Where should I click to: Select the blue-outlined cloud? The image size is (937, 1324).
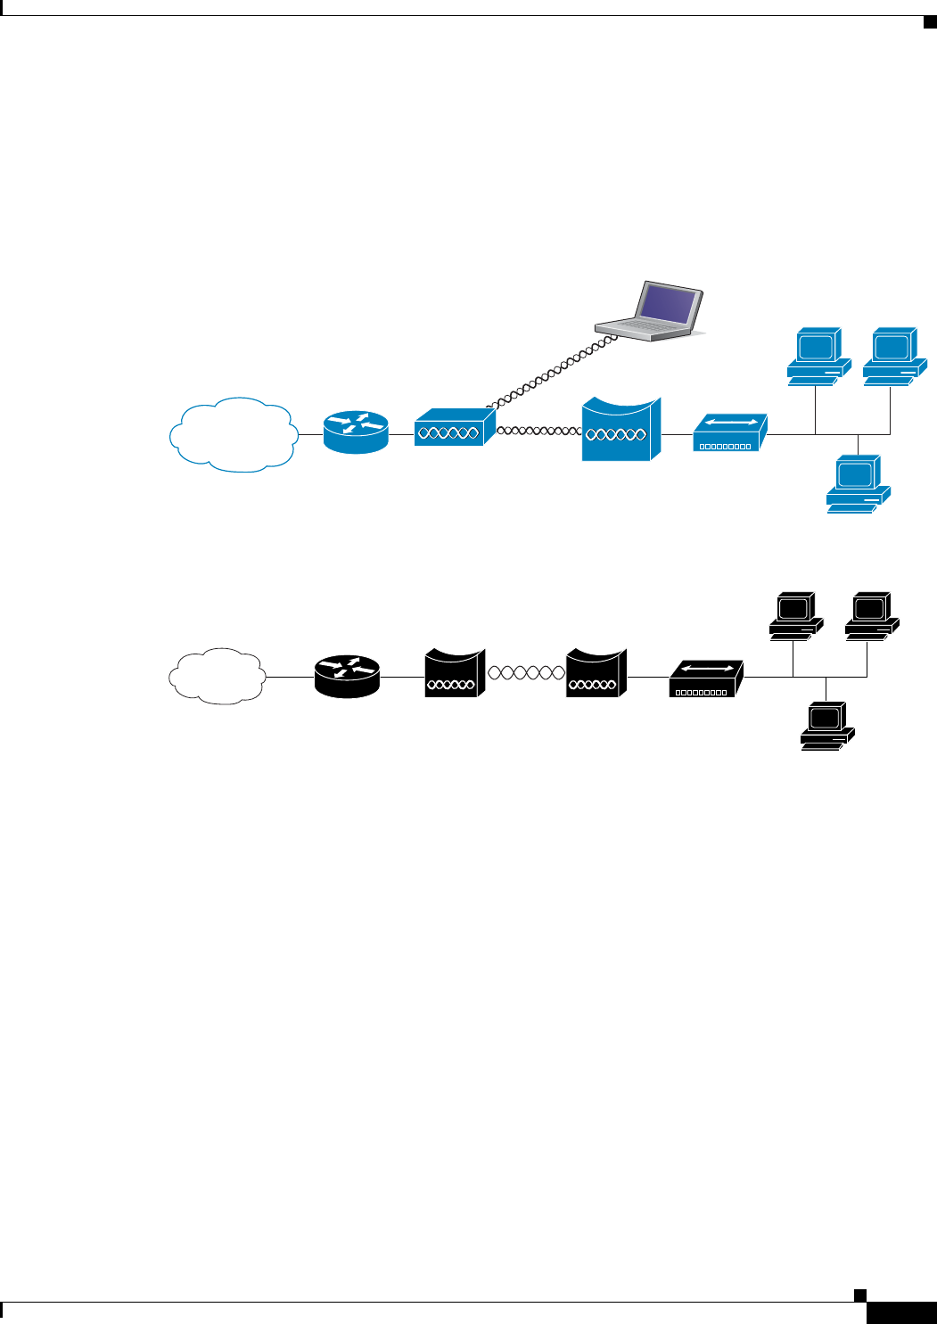[x=233, y=434]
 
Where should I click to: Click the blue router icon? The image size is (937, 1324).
[x=357, y=432]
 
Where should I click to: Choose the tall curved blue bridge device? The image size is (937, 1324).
[x=621, y=430]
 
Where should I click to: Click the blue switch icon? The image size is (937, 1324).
[x=729, y=433]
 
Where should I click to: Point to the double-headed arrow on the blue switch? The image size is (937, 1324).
[x=730, y=422]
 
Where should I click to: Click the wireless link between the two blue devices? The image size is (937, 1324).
[x=538, y=431]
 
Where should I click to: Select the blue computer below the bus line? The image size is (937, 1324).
[x=858, y=483]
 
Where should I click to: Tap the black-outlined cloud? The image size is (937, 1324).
[x=217, y=676]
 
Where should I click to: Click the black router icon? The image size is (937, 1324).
[x=347, y=677]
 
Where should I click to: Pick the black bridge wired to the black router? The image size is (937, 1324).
[x=454, y=675]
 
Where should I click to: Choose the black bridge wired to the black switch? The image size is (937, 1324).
[x=596, y=675]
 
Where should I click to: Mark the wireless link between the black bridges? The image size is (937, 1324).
[x=525, y=673]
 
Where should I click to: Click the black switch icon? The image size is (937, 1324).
[x=705, y=679]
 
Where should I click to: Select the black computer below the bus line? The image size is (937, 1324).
[x=826, y=726]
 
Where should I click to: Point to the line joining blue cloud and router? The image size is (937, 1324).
[x=310, y=434]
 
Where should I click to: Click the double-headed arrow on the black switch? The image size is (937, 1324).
[x=706, y=668]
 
